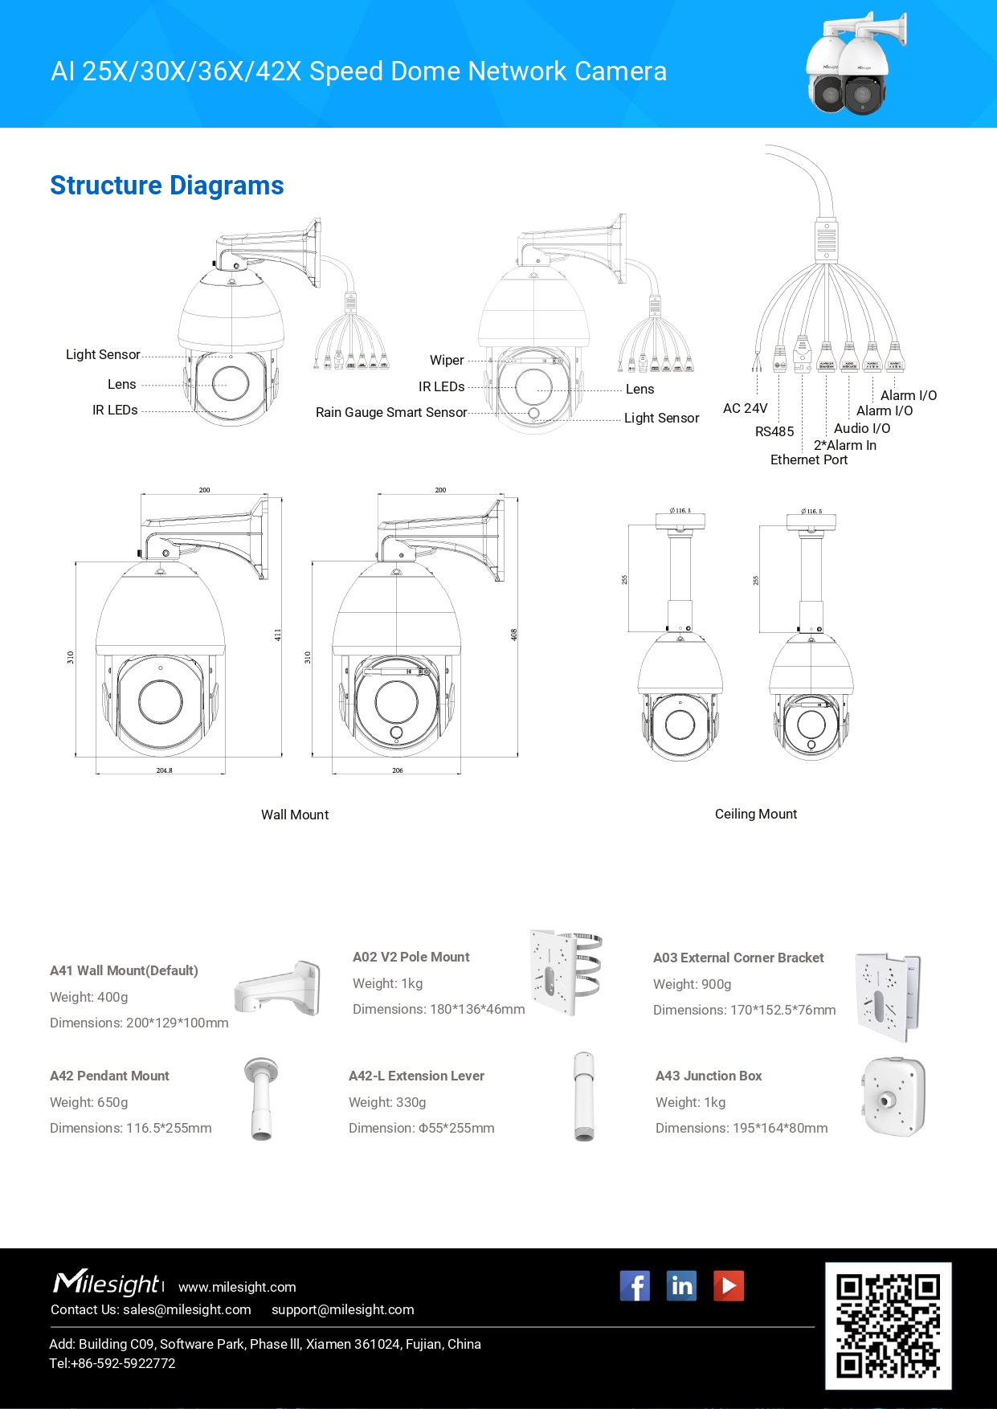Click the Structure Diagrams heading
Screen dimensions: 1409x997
pos(166,186)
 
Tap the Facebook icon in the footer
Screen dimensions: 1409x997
pos(635,1286)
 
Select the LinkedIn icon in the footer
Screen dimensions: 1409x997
pos(681,1286)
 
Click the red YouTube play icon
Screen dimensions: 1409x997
pos(729,1286)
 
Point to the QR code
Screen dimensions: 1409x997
pos(888,1325)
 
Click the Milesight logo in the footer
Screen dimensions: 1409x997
pos(106,1283)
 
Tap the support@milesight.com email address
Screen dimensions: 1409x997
pos(343,1310)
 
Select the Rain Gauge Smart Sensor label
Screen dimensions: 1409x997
pos(391,413)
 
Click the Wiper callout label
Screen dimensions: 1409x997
pos(447,361)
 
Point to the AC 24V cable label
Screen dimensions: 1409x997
pos(745,409)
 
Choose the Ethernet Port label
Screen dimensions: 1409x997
pos(808,460)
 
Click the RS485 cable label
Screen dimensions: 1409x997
pos(774,432)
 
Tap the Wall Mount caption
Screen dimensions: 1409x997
pos(295,815)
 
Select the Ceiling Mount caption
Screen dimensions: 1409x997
pos(756,815)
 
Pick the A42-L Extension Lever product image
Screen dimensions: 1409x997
pos(584,1097)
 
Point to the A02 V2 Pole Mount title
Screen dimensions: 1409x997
pos(411,958)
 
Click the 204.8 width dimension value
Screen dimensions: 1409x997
pos(164,770)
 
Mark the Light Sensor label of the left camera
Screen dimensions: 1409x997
pos(103,355)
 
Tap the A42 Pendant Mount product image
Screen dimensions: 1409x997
pos(261,1098)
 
